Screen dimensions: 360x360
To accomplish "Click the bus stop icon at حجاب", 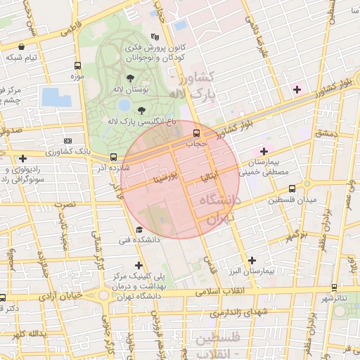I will tap(196, 131).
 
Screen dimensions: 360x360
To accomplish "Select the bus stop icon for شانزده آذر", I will tap(113, 157).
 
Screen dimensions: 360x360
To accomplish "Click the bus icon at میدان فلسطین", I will tap(292, 188).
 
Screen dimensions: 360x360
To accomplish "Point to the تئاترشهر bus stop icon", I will tap(334, 288).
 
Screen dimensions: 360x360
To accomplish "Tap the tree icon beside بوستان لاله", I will tap(130, 78).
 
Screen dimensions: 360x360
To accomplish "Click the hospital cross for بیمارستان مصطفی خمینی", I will tap(264, 150).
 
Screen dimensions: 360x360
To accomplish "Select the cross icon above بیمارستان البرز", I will tap(251, 260).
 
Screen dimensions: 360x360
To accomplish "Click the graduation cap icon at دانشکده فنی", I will tap(139, 229).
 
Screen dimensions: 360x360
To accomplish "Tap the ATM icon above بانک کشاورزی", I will tap(67, 141).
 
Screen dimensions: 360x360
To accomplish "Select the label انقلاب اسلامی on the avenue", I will tap(219, 290).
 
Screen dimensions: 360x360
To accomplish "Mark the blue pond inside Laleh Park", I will tap(124, 105).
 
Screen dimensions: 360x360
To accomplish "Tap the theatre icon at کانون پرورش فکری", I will tap(155, 37).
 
